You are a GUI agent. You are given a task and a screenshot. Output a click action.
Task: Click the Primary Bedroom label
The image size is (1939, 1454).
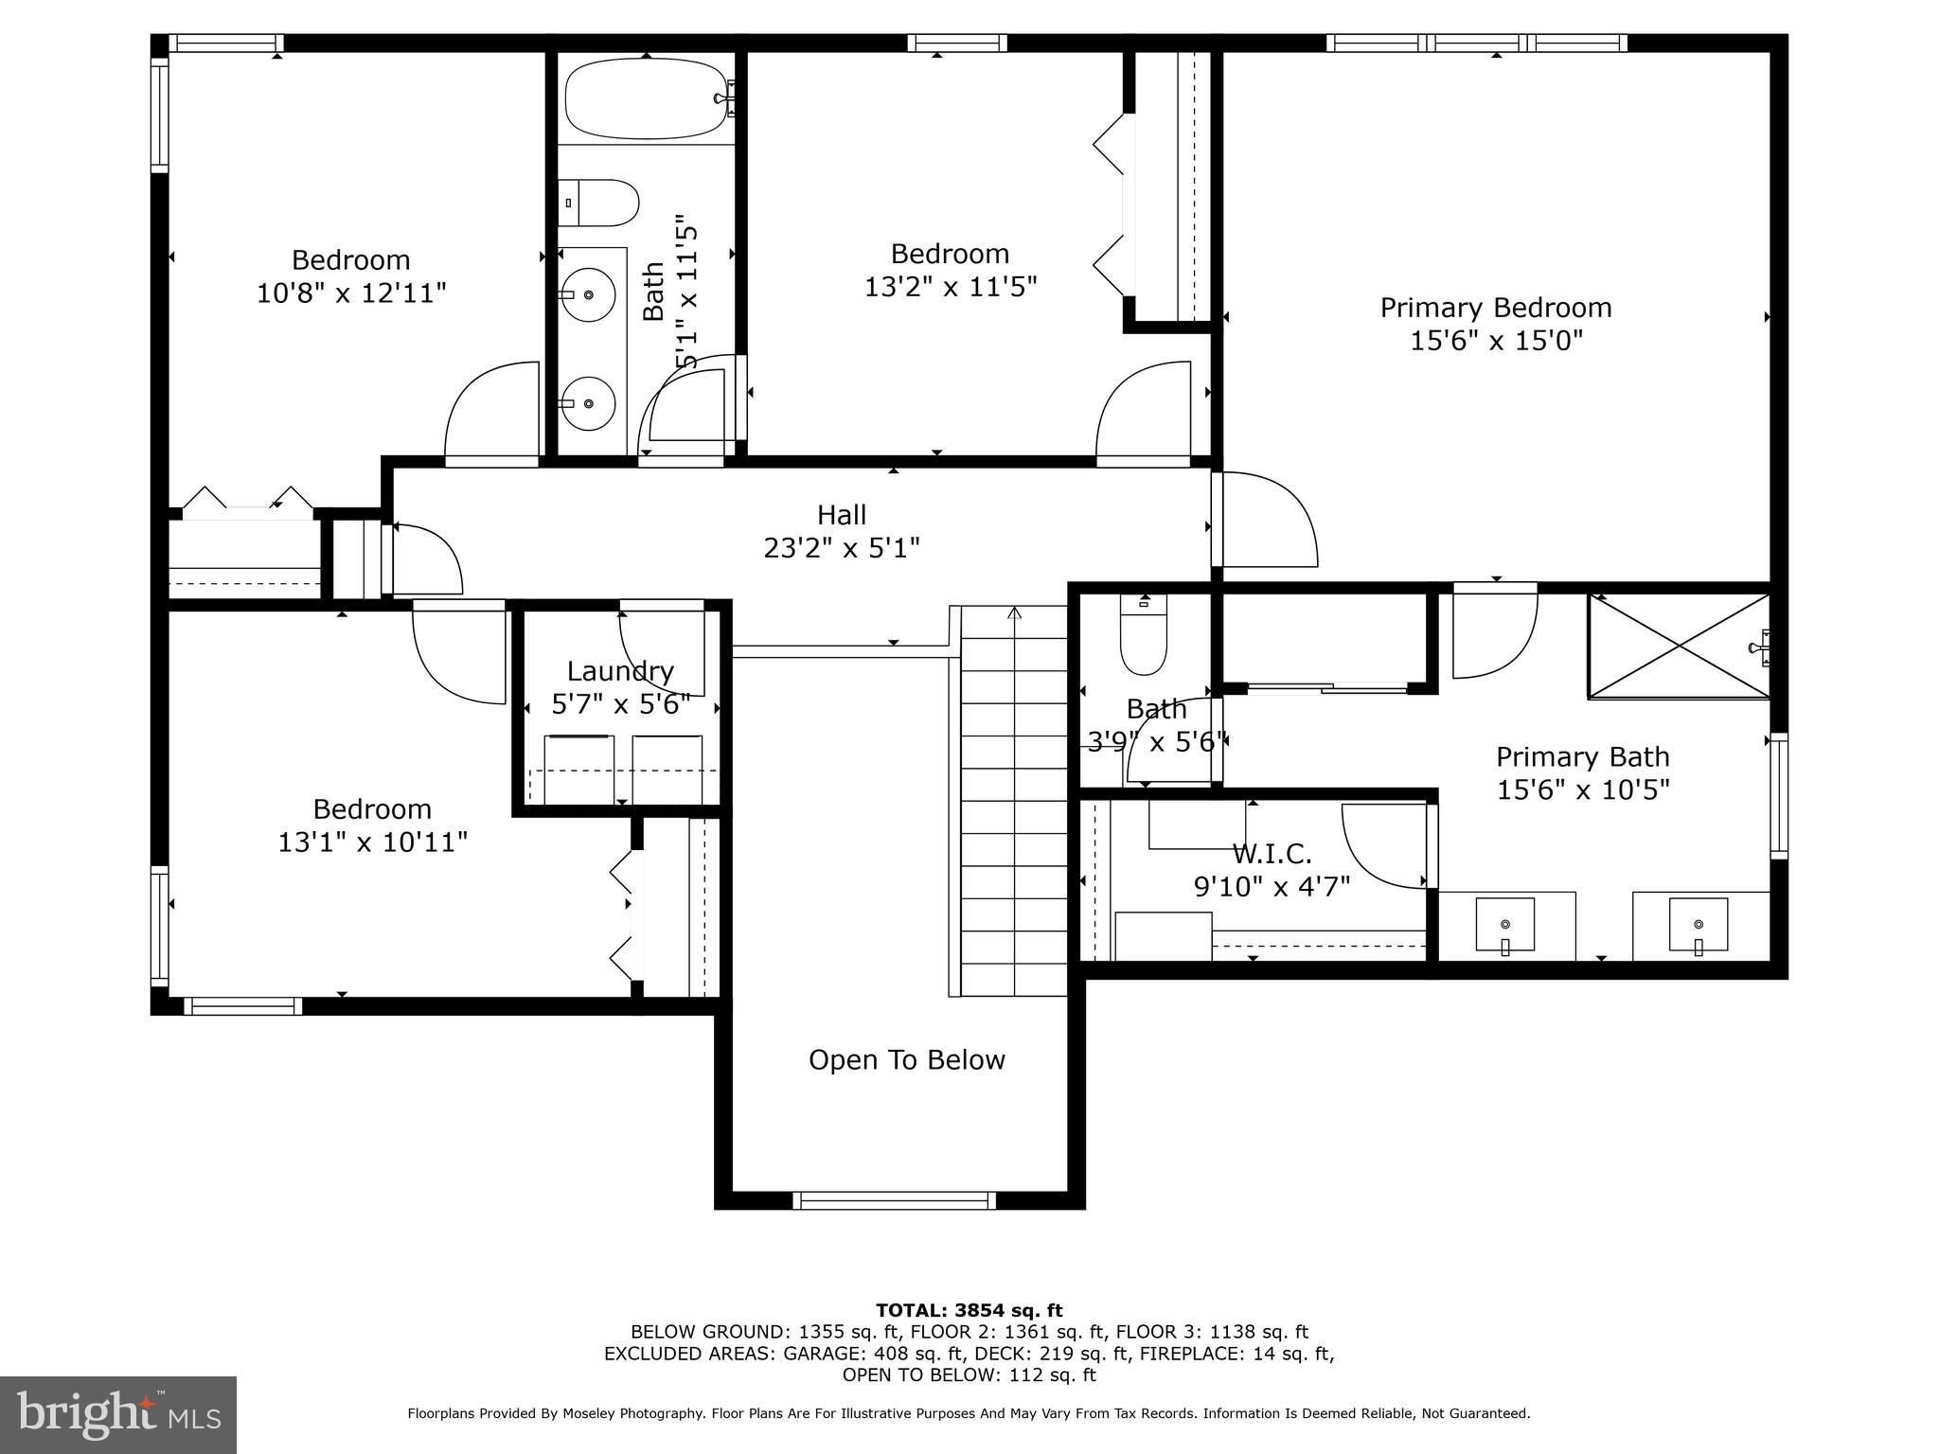point(1495,308)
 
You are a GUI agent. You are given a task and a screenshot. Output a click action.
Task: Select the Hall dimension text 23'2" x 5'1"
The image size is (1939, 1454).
point(841,548)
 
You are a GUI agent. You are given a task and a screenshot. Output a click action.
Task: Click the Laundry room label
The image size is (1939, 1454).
point(620,671)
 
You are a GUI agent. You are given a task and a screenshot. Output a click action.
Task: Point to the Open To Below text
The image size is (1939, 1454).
point(906,1060)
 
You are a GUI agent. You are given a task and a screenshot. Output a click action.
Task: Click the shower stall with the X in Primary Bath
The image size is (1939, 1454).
point(1678,647)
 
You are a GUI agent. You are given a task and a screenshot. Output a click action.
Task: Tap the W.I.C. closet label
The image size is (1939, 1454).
point(1272,854)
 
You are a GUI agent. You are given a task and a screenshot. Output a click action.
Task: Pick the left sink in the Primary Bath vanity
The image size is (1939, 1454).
point(1505,925)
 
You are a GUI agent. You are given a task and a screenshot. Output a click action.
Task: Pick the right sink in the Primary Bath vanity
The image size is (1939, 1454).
point(1698,925)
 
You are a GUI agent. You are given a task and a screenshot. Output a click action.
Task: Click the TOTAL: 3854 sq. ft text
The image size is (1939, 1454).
point(969,1311)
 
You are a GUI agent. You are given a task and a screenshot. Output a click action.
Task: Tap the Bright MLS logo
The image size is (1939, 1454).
point(118,1414)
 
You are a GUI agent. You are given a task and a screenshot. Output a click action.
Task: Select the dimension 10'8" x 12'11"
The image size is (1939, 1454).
point(351,293)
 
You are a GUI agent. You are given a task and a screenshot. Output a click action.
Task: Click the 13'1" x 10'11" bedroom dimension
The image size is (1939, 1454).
point(372,842)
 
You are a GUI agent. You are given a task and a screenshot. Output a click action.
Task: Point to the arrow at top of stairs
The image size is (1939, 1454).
point(1015,613)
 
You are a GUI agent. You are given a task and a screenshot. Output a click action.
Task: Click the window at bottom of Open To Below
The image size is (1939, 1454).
point(894,1200)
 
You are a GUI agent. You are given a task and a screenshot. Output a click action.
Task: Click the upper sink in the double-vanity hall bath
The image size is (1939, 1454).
point(588,294)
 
